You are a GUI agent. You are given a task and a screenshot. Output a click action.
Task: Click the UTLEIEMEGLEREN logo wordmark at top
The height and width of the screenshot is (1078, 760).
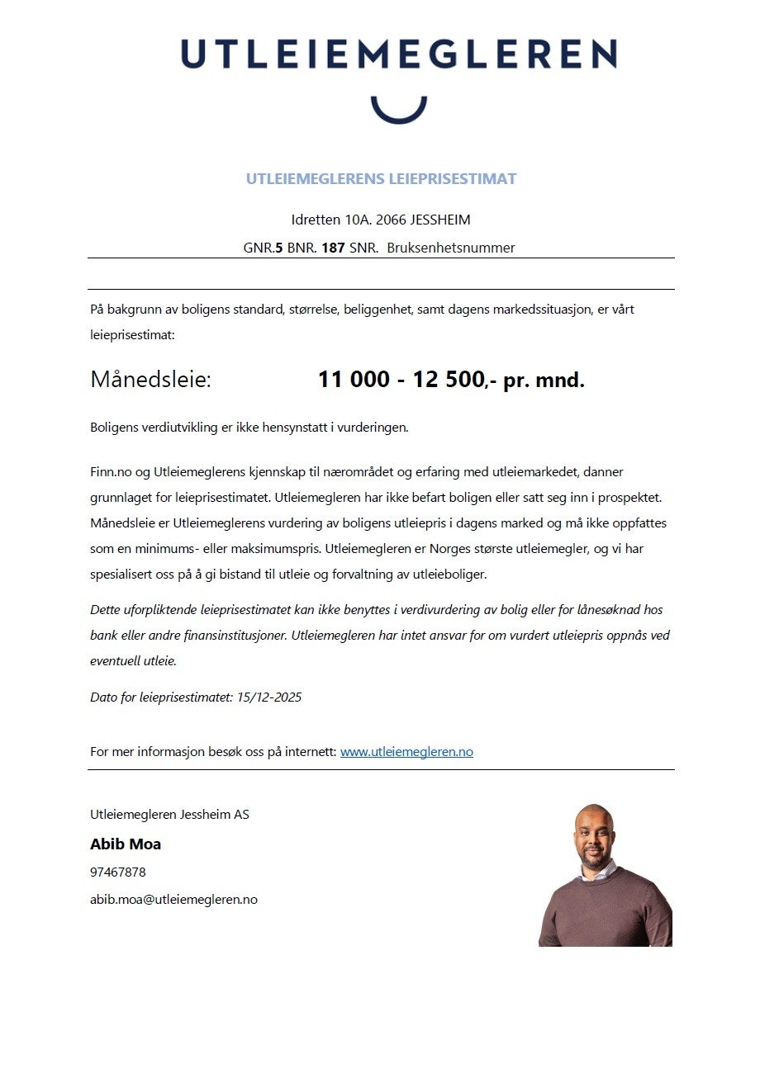[398, 54]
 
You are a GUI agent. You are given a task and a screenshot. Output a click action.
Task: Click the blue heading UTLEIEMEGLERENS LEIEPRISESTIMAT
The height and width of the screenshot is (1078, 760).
[381, 179]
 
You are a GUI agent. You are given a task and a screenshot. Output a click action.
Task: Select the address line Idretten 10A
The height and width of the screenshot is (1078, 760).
[381, 220]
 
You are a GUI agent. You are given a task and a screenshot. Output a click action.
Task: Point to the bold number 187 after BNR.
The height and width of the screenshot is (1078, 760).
[333, 248]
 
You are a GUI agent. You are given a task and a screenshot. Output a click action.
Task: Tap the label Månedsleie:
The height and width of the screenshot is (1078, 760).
[150, 380]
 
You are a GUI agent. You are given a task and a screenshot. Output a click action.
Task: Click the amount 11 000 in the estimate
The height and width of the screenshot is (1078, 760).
[354, 380]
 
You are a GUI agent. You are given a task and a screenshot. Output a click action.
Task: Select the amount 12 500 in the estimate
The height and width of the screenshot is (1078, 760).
[449, 380]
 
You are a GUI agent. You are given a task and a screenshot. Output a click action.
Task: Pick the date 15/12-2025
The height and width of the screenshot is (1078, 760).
[269, 697]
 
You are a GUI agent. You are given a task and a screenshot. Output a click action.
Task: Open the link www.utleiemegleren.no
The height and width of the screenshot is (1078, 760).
[406, 752]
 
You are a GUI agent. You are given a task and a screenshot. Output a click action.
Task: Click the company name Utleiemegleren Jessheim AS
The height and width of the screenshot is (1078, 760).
[169, 815]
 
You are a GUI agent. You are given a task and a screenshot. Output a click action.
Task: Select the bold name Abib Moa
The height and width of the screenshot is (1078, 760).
[126, 844]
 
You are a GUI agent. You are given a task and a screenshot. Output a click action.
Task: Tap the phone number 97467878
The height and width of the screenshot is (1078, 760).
[118, 872]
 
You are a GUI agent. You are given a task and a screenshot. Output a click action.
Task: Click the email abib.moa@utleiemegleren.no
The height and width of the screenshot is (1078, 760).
[173, 900]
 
